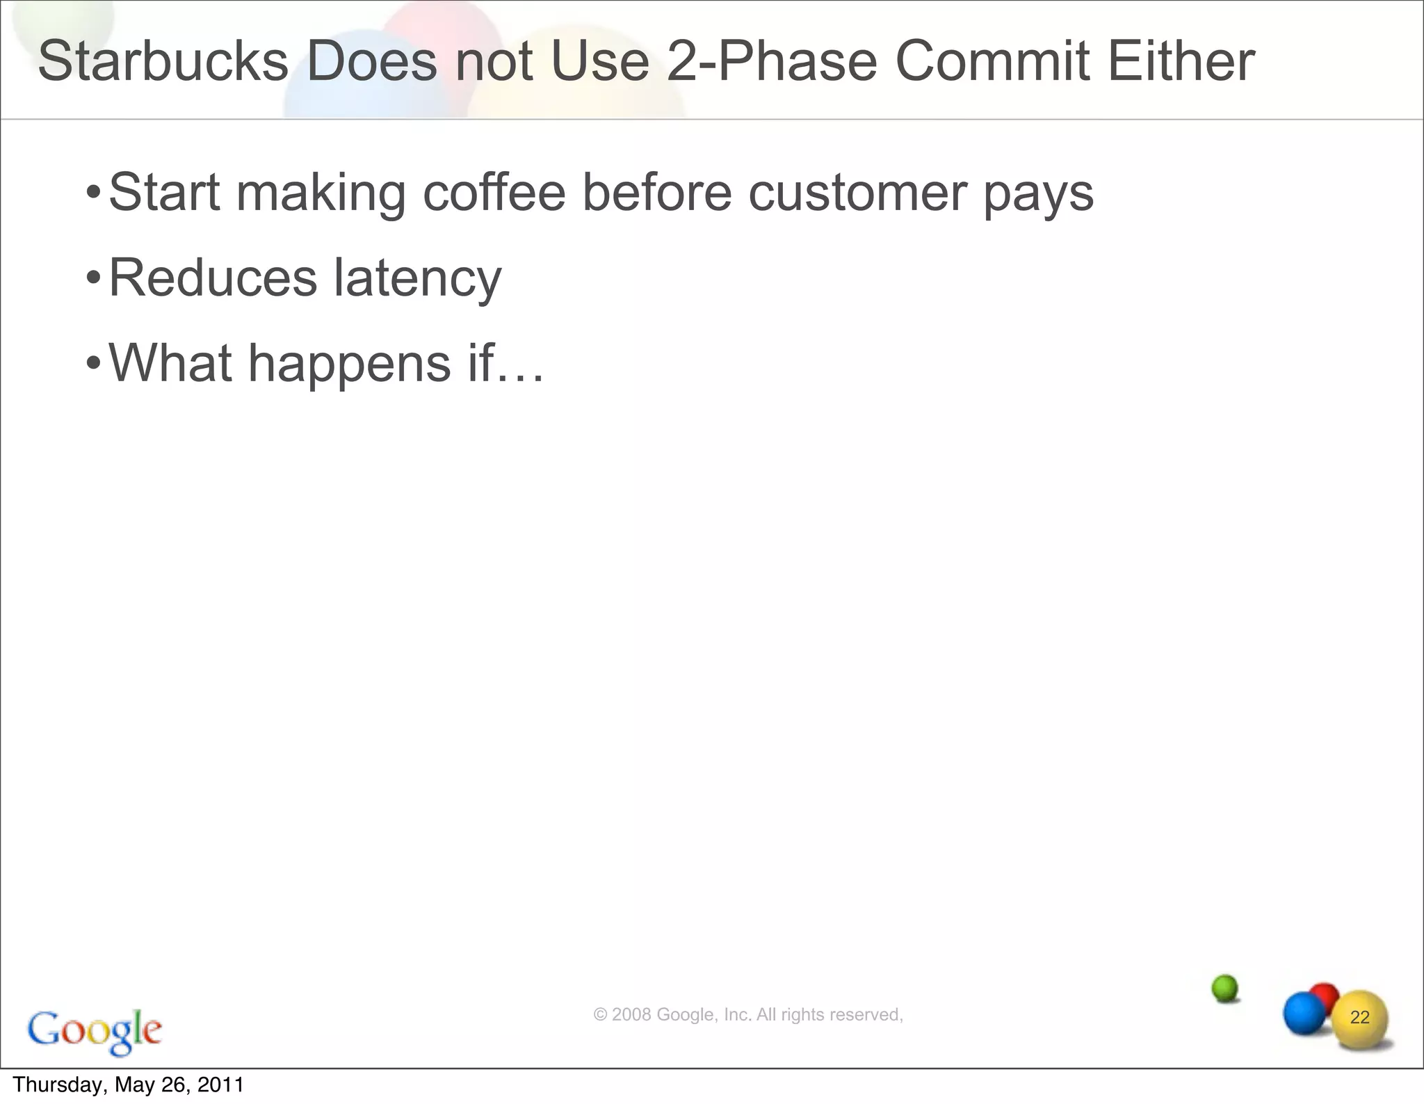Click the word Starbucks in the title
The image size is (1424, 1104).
click(162, 61)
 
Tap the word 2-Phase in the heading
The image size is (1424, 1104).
click(772, 61)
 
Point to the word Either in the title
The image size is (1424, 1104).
click(1181, 61)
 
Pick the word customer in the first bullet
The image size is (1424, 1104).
click(857, 193)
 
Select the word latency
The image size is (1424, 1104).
click(417, 278)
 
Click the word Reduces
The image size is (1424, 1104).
click(213, 278)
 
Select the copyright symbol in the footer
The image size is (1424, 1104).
click(599, 1015)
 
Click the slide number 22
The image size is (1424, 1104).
click(1359, 1018)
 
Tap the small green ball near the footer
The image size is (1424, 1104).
click(1225, 988)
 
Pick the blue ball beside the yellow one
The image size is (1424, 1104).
click(1303, 1014)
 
